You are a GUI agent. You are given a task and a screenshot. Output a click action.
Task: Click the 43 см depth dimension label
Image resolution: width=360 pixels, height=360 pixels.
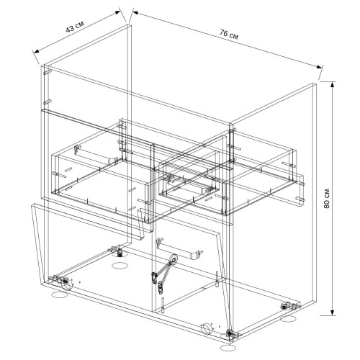tap(75, 27)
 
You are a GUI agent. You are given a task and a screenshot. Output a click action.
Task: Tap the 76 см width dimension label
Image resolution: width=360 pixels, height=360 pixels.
tap(229, 35)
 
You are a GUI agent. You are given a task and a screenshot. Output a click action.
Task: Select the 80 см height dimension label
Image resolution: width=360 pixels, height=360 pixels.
tap(327, 198)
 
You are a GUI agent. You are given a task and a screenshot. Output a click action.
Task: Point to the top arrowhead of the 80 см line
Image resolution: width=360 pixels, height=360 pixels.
tap(333, 85)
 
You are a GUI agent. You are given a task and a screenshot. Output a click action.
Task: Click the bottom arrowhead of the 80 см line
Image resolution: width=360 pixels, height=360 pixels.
tap(333, 312)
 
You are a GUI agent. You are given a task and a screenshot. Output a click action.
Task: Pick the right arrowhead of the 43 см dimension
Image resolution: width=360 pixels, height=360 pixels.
tap(117, 12)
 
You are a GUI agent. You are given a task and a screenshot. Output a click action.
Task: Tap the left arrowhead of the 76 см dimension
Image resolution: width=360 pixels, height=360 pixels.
tap(136, 12)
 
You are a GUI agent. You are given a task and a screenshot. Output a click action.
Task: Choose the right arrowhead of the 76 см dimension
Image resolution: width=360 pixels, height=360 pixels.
tap(319, 67)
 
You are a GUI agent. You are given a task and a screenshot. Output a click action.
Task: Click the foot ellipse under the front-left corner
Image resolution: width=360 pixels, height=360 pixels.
tap(60, 294)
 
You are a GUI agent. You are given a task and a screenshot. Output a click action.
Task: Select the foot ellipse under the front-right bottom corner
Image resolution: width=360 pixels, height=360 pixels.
tap(228, 348)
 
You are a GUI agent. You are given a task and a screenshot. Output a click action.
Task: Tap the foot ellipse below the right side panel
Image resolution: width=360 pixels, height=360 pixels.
tap(288, 319)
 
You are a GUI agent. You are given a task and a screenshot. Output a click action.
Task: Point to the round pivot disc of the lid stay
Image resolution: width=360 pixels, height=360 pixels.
tap(174, 259)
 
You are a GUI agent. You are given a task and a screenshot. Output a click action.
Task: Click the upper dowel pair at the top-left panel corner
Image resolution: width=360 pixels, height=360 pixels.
tap(47, 72)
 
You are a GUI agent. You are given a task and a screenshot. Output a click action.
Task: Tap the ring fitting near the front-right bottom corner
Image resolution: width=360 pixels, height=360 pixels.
tap(207, 328)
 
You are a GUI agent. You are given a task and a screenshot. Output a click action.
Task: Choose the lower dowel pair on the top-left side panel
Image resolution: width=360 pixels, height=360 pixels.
tap(47, 102)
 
